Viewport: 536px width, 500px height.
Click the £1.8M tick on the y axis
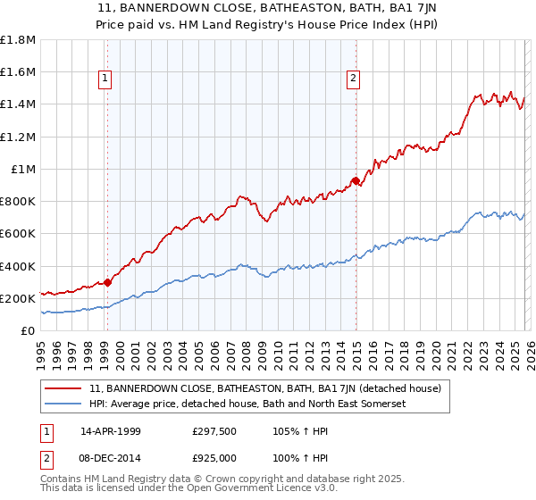18,40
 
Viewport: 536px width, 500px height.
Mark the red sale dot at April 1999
108,282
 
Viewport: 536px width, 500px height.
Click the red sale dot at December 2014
356,181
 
